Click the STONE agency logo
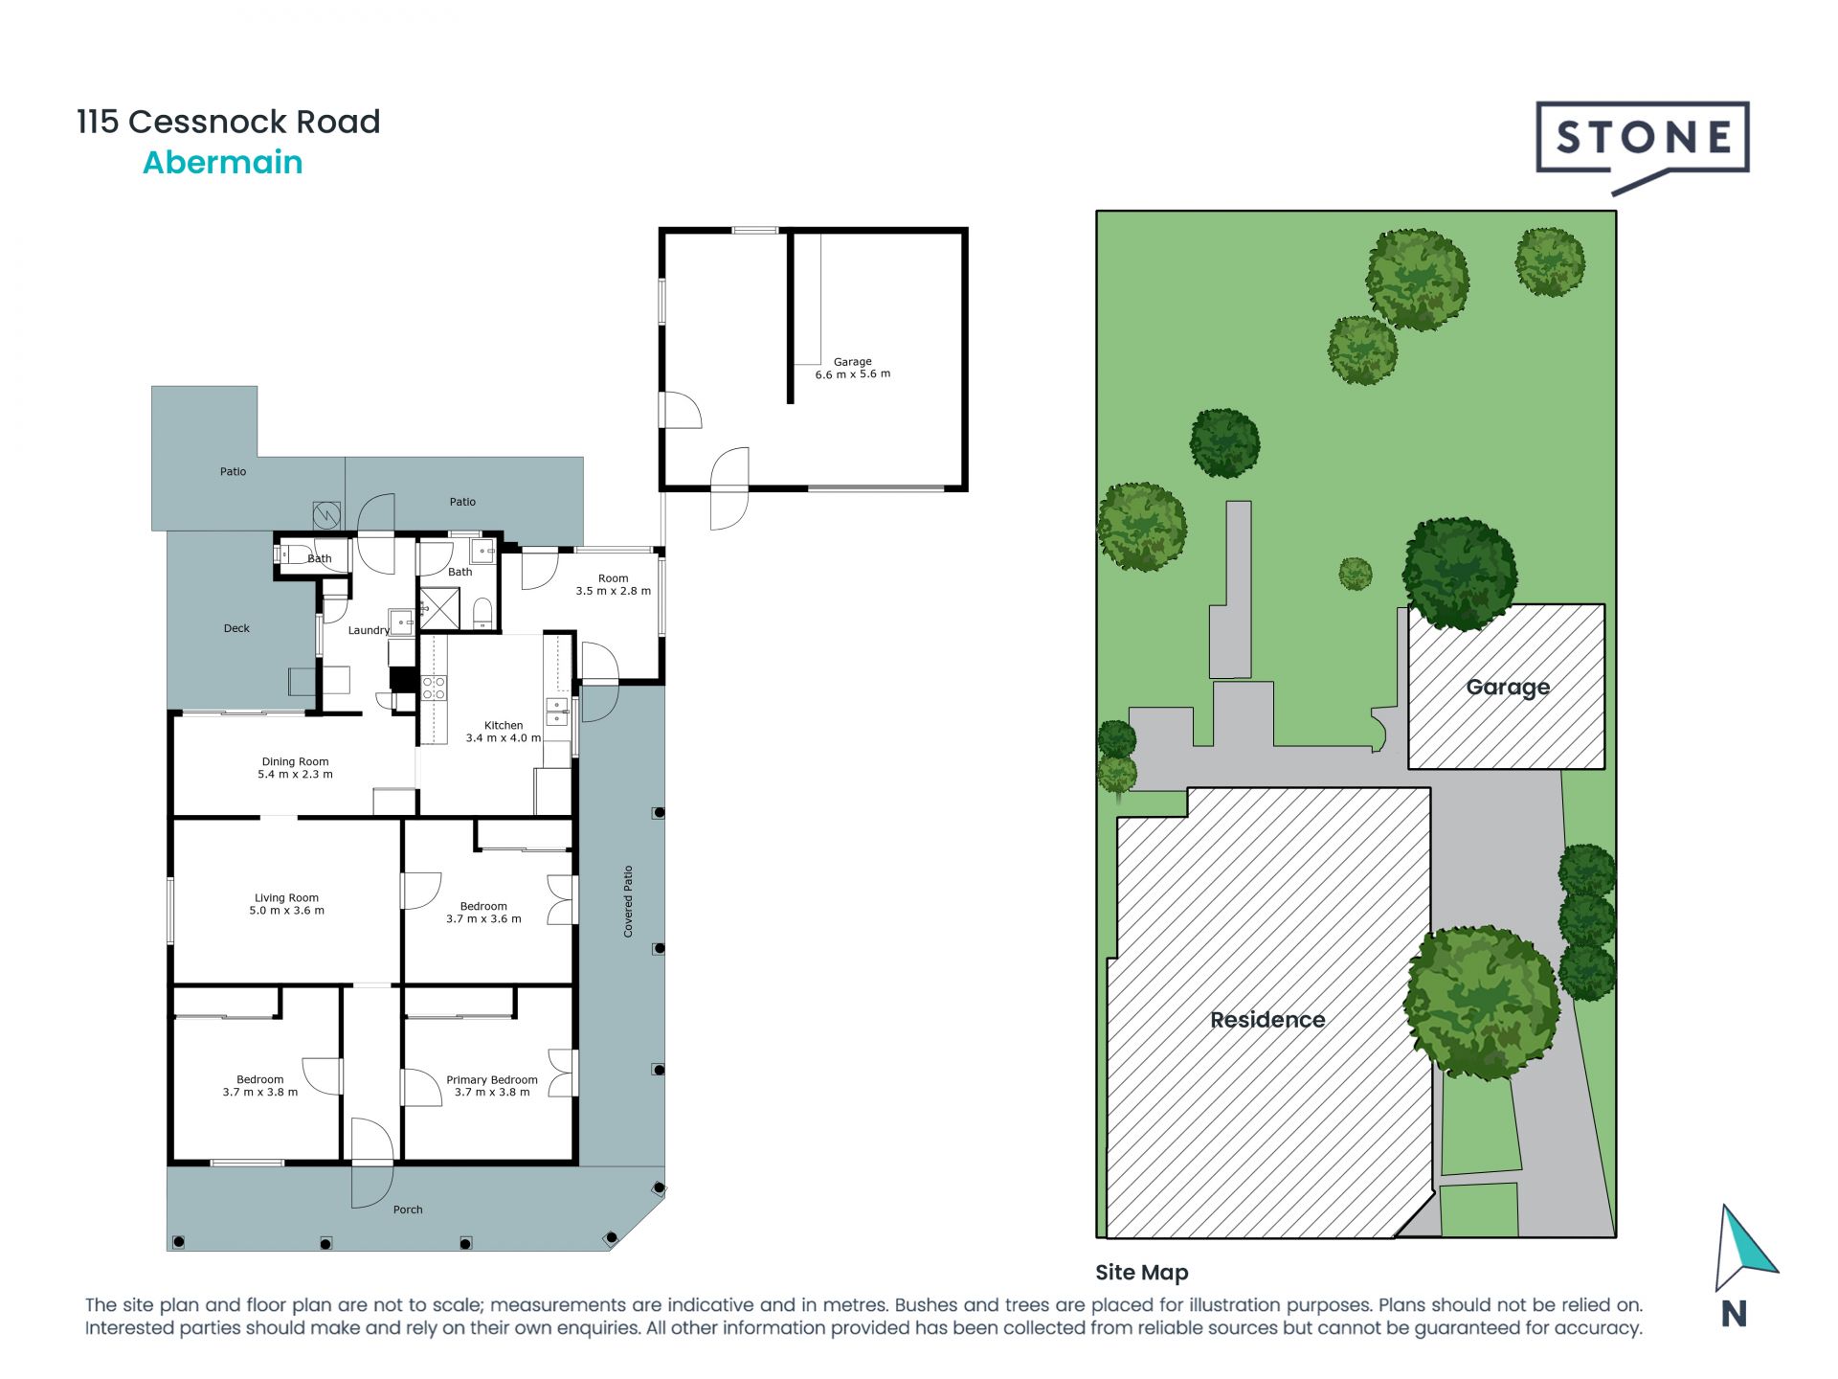pyautogui.click(x=1642, y=140)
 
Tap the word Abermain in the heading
pyautogui.click(x=222, y=163)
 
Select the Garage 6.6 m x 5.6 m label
pyautogui.click(x=852, y=369)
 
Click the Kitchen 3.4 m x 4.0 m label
pyautogui.click(x=503, y=732)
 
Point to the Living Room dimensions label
pyautogui.click(x=286, y=905)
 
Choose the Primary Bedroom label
pyautogui.click(x=491, y=1085)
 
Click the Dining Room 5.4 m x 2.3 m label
pyautogui.click(x=295, y=768)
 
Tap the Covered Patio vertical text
pyautogui.click(x=628, y=901)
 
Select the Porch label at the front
pyautogui.click(x=408, y=1209)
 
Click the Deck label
pyautogui.click(x=236, y=628)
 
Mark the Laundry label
pyautogui.click(x=369, y=630)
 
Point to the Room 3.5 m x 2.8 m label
pyautogui.click(x=613, y=584)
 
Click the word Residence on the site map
pyautogui.click(x=1267, y=1020)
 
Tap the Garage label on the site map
pyautogui.click(x=1508, y=687)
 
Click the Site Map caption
pyautogui.click(x=1141, y=1273)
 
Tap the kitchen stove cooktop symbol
pyautogui.click(x=434, y=687)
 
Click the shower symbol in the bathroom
pyautogui.click(x=439, y=608)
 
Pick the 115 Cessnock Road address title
pyautogui.click(x=229, y=122)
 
